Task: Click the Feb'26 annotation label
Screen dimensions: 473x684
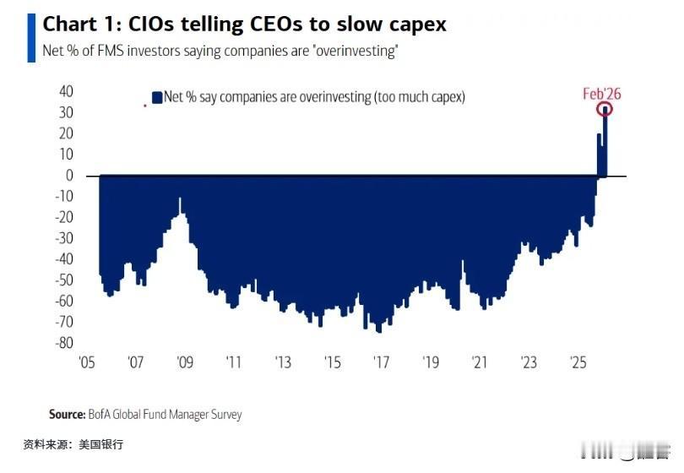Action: tap(601, 94)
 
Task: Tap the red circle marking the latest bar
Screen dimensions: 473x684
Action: tap(604, 109)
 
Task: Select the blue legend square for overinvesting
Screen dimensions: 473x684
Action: tap(156, 97)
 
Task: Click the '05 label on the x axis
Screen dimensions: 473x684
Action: tap(85, 363)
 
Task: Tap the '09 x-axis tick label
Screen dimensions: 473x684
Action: tap(184, 363)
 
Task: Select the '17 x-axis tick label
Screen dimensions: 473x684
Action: tap(381, 363)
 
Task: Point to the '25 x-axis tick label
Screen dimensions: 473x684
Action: tap(578, 363)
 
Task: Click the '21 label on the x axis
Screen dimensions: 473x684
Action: tap(480, 363)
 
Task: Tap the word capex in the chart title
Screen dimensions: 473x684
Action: tap(415, 25)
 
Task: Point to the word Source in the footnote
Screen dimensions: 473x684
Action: tap(67, 414)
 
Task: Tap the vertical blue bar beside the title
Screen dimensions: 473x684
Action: tap(32, 37)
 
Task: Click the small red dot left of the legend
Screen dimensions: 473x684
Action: tap(145, 106)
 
